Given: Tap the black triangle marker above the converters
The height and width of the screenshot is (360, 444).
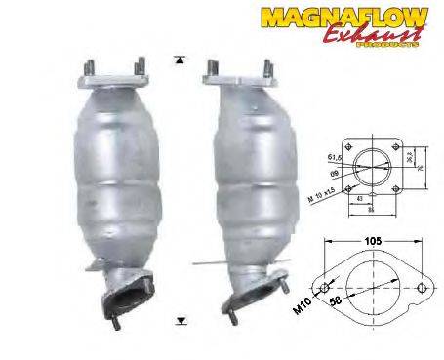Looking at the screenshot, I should (180, 60).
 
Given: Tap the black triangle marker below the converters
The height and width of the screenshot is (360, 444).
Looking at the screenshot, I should (181, 319).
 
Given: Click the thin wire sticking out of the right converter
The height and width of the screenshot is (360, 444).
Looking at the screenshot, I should (208, 260).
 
